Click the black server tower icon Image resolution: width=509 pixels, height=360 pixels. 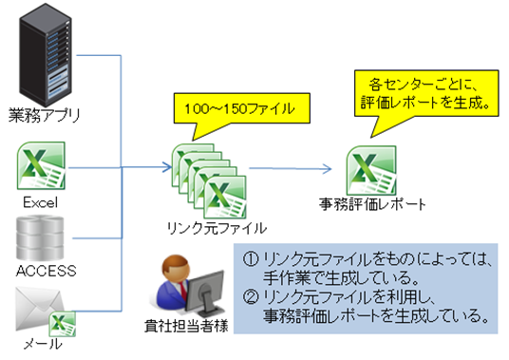click(46, 55)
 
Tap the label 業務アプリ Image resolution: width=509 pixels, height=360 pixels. click(44, 116)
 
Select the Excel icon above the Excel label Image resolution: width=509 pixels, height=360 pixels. click(41, 165)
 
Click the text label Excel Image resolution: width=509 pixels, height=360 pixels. click(41, 203)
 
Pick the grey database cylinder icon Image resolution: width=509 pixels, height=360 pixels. click(40, 238)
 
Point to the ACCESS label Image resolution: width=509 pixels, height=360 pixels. click(47, 271)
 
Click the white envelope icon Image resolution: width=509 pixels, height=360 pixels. click(40, 309)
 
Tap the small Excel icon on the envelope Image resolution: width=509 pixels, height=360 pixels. click(63, 324)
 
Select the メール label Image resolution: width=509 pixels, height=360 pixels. click(43, 344)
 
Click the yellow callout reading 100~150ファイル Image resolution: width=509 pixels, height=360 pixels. click(242, 108)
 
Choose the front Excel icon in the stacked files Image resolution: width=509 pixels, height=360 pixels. click(225, 197)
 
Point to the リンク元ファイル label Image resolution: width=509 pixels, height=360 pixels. click(217, 228)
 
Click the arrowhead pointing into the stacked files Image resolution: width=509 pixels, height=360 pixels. click(167, 167)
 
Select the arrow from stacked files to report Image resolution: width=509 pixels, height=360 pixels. click(291, 168)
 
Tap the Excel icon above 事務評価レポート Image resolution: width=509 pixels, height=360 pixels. click(371, 170)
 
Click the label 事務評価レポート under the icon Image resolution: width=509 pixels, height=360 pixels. click(372, 204)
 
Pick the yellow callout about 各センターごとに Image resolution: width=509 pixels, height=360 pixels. click(426, 94)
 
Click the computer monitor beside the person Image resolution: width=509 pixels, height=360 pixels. click(205, 294)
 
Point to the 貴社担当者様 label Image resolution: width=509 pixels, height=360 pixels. click(186, 326)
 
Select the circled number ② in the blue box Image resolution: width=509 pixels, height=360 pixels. click(251, 296)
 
